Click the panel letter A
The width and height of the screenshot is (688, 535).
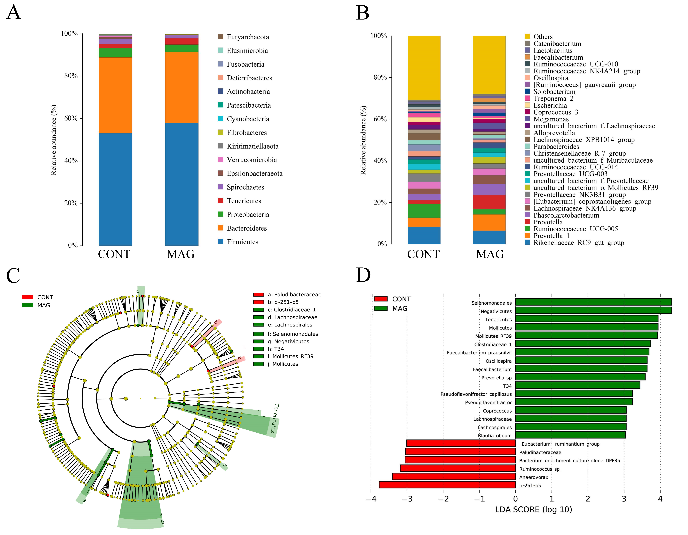click(x=14, y=13)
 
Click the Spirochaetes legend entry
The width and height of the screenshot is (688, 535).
click(x=245, y=187)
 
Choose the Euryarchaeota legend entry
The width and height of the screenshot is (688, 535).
click(x=248, y=37)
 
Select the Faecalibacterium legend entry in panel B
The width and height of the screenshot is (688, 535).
click(x=558, y=57)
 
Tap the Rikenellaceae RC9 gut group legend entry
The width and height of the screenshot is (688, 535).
click(x=578, y=243)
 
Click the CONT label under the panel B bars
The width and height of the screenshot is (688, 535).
click(x=423, y=254)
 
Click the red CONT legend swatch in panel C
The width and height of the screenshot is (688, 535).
click(x=27, y=297)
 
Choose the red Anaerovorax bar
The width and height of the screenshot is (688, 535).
click(x=454, y=476)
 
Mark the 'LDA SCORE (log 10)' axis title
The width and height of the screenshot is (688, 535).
click(x=533, y=510)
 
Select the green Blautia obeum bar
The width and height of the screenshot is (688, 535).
click(x=570, y=435)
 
